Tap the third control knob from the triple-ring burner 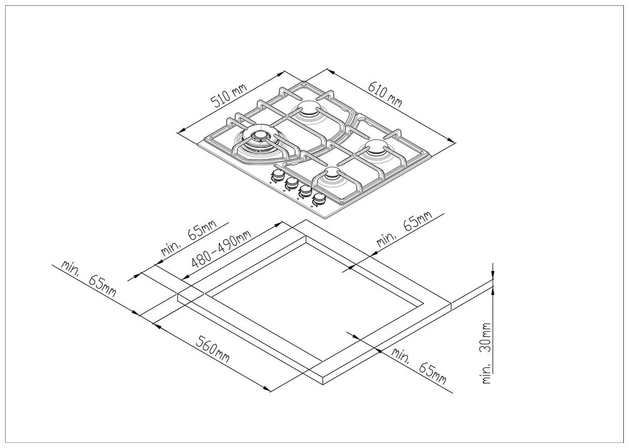pos(306,190)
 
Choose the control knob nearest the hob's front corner pos(320,198)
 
